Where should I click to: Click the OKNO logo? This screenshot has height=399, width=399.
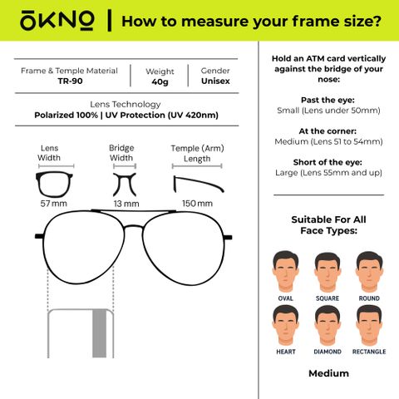click(57, 20)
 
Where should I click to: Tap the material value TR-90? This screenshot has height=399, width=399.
click(70, 81)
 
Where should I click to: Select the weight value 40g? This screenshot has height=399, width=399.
click(160, 81)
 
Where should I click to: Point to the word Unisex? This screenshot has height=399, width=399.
click(215, 81)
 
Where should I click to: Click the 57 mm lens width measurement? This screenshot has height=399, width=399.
click(54, 204)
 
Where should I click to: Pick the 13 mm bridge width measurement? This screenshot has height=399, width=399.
click(126, 204)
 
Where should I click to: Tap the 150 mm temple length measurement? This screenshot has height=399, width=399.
click(197, 204)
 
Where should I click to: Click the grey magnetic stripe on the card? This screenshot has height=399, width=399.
click(99, 333)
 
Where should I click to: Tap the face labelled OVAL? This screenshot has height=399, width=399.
click(285, 271)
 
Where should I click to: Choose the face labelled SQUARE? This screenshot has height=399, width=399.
click(328, 272)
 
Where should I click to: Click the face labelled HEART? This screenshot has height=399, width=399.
click(285, 325)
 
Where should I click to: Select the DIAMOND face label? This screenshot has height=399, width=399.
click(328, 352)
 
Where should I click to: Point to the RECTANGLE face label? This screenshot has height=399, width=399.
click(369, 352)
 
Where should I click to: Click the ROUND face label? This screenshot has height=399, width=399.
click(369, 298)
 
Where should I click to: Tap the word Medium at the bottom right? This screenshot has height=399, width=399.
click(328, 373)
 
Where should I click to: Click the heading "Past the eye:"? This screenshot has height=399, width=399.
click(328, 100)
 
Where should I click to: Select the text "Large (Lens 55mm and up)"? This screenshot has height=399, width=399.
click(328, 173)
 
